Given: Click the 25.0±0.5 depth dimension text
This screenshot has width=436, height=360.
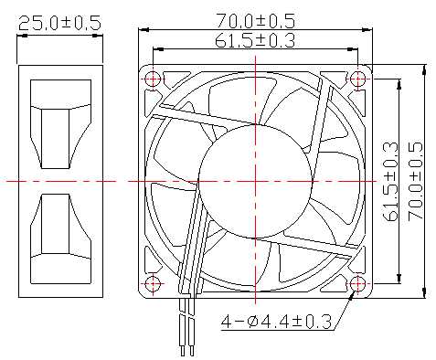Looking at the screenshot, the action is click(x=59, y=24).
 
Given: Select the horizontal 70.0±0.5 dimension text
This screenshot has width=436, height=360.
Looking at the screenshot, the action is click(x=255, y=21).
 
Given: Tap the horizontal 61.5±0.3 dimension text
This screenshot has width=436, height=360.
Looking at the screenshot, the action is click(x=255, y=40).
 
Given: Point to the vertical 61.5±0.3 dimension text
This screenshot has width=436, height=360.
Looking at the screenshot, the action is click(x=390, y=181).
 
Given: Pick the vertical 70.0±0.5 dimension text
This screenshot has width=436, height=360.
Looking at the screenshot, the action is click(x=416, y=180).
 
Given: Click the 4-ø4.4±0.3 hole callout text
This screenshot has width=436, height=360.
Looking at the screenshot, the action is click(x=276, y=322).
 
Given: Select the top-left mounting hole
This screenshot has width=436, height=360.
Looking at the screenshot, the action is click(x=153, y=79).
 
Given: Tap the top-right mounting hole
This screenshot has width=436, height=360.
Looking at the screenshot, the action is click(x=358, y=79).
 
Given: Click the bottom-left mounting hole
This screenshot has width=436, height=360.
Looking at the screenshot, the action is click(x=153, y=284).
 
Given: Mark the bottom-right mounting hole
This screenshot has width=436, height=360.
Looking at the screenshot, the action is click(x=358, y=284).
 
